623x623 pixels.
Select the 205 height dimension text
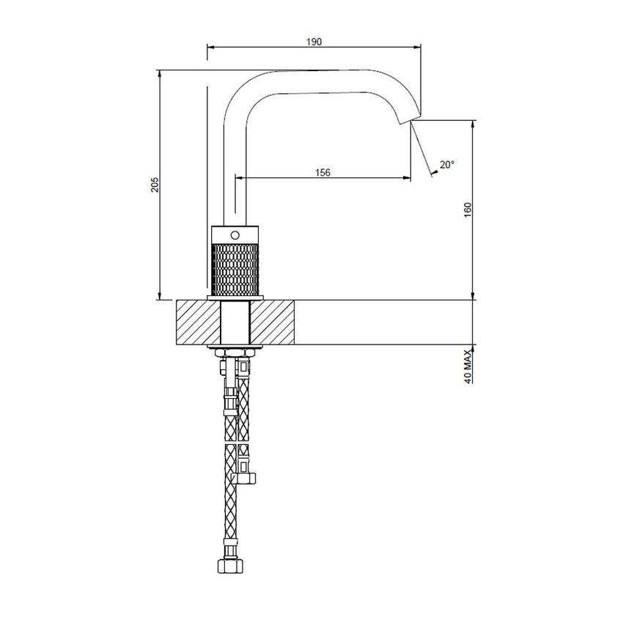[154, 186]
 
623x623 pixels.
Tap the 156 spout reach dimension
[322, 172]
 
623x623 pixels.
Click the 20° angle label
[446, 165]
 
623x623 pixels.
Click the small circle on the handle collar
[235, 235]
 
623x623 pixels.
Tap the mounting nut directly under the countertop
[235, 351]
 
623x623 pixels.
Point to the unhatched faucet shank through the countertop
[235, 322]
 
